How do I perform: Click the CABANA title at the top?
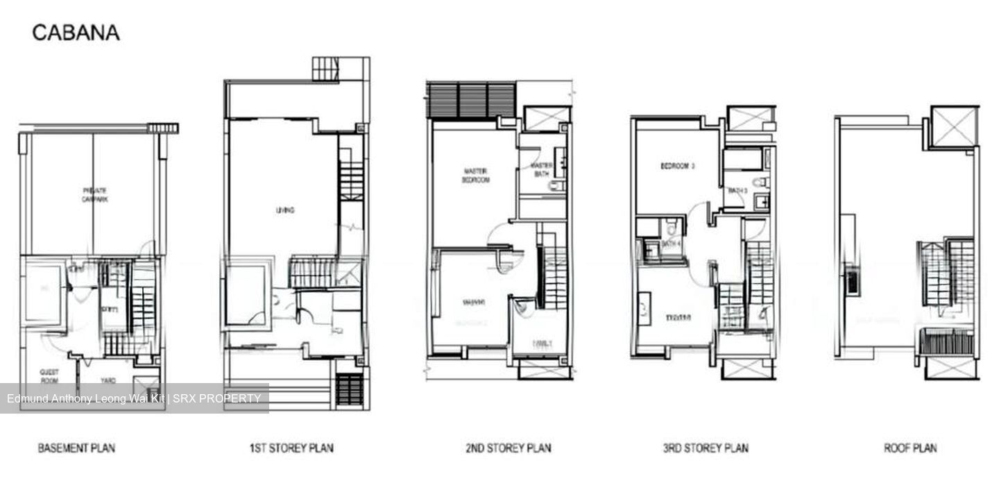click(76, 33)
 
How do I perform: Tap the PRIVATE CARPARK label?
click(94, 194)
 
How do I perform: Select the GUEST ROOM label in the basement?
click(49, 376)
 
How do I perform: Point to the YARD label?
click(108, 380)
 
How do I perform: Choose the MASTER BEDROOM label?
click(477, 175)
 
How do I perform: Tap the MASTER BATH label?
click(541, 170)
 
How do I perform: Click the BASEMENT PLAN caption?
click(76, 448)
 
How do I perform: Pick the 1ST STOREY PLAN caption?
click(291, 448)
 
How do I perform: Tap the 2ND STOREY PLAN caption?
click(509, 448)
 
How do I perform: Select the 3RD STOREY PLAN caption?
click(706, 448)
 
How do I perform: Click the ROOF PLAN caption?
click(910, 448)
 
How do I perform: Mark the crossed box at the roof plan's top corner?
click(953, 127)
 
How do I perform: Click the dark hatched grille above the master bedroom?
click(471, 100)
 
